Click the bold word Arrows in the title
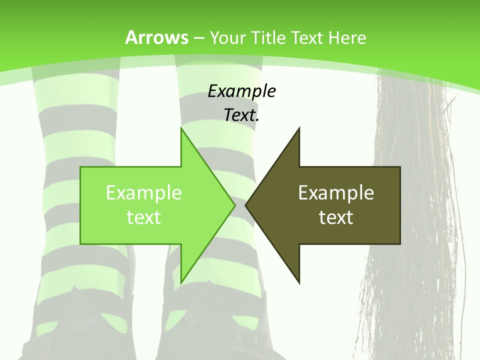click(x=156, y=37)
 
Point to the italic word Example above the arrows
click(x=241, y=91)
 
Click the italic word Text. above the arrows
click(x=241, y=115)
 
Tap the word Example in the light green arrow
click(x=143, y=192)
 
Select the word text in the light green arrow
click(x=143, y=217)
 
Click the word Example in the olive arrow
click(x=336, y=192)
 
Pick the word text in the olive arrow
click(x=336, y=217)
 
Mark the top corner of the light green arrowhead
click(x=181, y=129)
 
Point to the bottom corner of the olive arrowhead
click(x=299, y=282)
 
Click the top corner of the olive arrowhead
click(x=299, y=129)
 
